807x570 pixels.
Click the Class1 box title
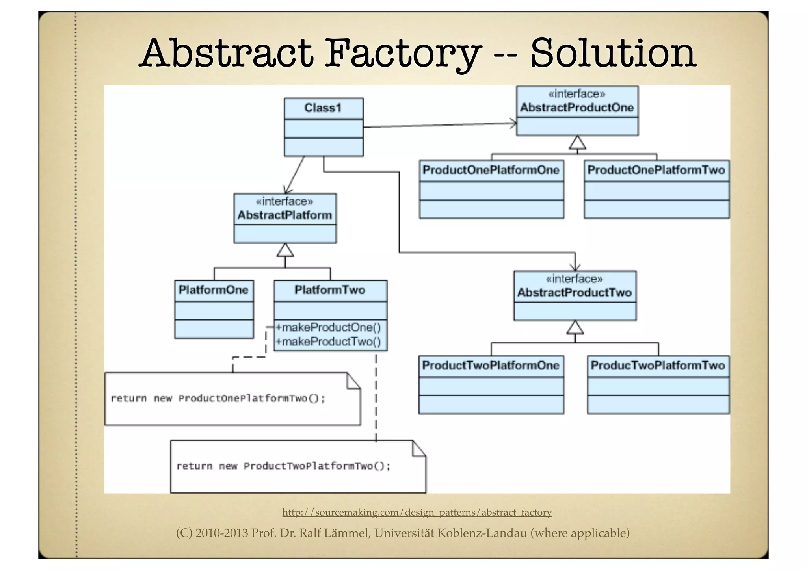click(x=323, y=108)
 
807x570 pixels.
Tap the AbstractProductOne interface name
click(x=577, y=108)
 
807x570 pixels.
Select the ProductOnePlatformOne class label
click(x=491, y=170)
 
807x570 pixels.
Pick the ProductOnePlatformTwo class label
click(x=656, y=170)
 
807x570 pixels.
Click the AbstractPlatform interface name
click(x=284, y=215)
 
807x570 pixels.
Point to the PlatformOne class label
click(x=214, y=290)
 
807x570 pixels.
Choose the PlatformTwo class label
click(x=330, y=290)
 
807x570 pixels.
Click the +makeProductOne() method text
click(x=328, y=327)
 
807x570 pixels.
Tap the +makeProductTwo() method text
click(x=328, y=342)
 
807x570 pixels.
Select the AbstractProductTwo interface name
click(x=575, y=293)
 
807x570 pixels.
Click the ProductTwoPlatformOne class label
click(x=491, y=366)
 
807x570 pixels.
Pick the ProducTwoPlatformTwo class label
click(x=658, y=366)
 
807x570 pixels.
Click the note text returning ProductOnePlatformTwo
click(x=218, y=399)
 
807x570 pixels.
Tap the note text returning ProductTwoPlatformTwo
click(x=283, y=466)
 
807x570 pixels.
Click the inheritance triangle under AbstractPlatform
click(x=285, y=250)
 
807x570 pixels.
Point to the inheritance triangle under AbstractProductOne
click(x=577, y=143)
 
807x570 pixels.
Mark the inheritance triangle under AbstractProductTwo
click(x=575, y=327)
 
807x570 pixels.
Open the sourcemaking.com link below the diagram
click(x=417, y=512)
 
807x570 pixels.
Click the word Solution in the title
click(x=613, y=53)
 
